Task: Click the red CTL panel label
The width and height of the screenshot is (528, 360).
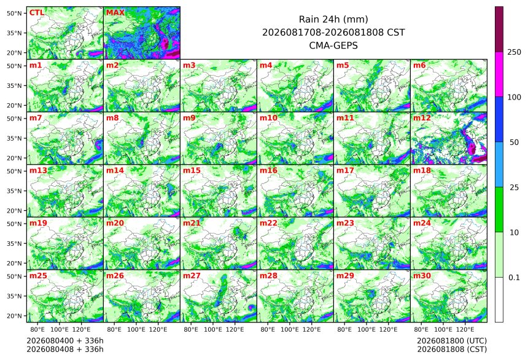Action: (x=37, y=13)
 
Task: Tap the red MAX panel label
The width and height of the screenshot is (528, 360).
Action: (x=115, y=13)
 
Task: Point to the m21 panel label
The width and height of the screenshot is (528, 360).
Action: (x=192, y=223)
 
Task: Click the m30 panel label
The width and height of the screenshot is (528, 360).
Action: (x=422, y=276)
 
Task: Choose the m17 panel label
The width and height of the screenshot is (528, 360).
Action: (x=345, y=171)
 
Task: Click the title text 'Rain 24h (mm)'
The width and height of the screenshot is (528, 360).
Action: (x=333, y=19)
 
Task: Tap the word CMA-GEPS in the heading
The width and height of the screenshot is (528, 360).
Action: (x=333, y=45)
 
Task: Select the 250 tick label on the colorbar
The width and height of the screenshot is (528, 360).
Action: (x=514, y=52)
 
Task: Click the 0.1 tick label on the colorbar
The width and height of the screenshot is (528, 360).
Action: (x=514, y=278)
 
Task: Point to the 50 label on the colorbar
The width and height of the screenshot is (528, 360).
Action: (x=514, y=143)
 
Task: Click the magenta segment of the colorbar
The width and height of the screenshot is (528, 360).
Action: (x=499, y=74)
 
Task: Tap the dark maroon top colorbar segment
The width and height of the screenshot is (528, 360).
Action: (x=499, y=29)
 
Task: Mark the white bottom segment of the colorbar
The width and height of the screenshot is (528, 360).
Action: (x=499, y=300)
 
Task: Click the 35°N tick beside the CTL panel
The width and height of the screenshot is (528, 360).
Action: (x=14, y=33)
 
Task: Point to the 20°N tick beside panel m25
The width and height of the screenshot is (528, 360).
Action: (x=14, y=316)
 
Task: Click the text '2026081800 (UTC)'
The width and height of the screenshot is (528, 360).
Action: (x=452, y=341)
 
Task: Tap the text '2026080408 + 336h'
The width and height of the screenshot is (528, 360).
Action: (x=65, y=350)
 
